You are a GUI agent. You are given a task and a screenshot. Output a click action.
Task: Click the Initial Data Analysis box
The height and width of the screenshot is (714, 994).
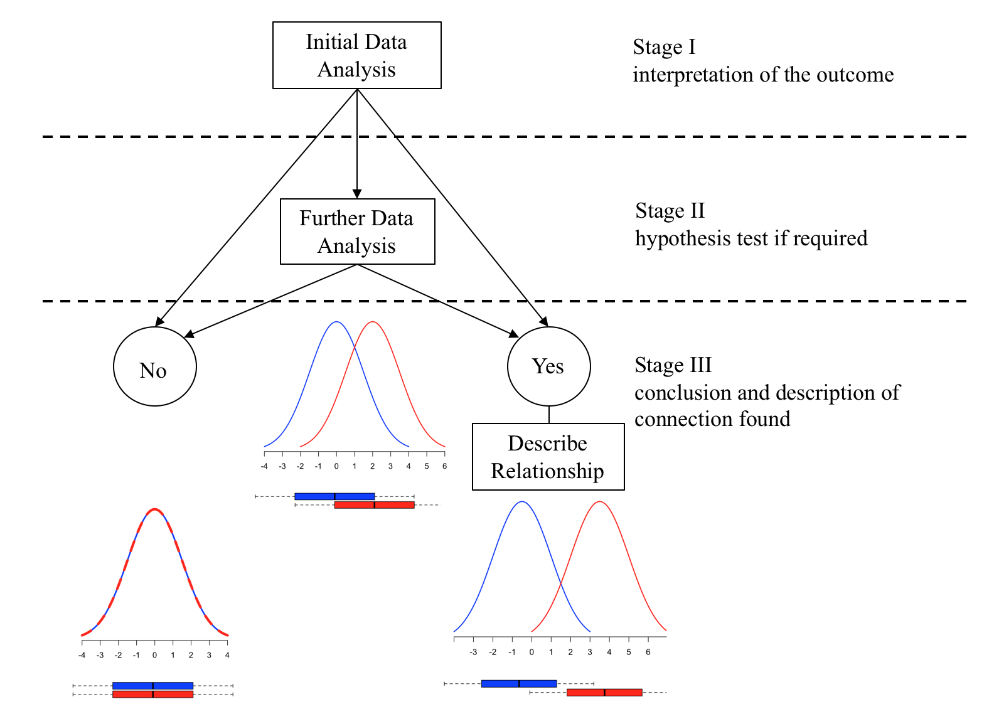[x=356, y=55]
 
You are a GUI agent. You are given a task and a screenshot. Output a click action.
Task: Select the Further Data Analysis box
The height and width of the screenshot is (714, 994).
[x=356, y=232]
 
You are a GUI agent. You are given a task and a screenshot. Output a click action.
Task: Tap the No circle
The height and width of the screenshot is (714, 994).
[x=154, y=366]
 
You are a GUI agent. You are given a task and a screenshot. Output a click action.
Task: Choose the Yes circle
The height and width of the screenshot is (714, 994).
[x=548, y=366]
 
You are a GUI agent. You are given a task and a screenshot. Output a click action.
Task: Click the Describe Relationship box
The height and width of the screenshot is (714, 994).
[x=548, y=457]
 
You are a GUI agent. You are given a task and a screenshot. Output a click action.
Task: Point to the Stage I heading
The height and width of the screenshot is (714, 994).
[x=664, y=48]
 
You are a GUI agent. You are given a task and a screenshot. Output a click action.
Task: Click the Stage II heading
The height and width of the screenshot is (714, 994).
[x=670, y=211]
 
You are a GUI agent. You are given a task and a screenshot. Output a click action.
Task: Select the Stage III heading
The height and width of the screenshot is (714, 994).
[x=673, y=365]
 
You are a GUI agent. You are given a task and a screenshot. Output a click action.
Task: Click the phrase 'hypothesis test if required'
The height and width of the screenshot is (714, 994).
[x=751, y=238]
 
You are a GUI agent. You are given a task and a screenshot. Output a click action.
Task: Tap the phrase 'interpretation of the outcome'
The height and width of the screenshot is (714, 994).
[x=763, y=75]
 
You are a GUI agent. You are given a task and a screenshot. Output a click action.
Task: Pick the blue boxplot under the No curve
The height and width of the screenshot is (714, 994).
[x=152, y=686]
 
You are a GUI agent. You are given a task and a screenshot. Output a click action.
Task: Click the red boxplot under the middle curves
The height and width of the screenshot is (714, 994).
[x=375, y=504]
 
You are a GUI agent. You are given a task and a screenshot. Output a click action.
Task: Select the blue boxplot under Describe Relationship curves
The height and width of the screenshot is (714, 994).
[x=519, y=683]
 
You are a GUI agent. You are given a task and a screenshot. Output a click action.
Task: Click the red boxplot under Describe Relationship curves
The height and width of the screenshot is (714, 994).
[x=604, y=693]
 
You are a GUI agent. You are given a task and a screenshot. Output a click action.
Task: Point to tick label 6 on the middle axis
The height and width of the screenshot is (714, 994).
[x=444, y=466]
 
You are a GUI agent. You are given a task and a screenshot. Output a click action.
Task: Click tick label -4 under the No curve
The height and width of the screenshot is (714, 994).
[x=82, y=655]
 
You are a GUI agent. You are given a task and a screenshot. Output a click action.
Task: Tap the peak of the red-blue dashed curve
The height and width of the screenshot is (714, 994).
[x=155, y=509]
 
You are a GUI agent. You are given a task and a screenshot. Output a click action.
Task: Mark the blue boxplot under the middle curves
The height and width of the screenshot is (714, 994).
[x=334, y=496]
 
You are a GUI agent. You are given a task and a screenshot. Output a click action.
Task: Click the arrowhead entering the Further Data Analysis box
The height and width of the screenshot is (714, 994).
[x=357, y=194]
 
